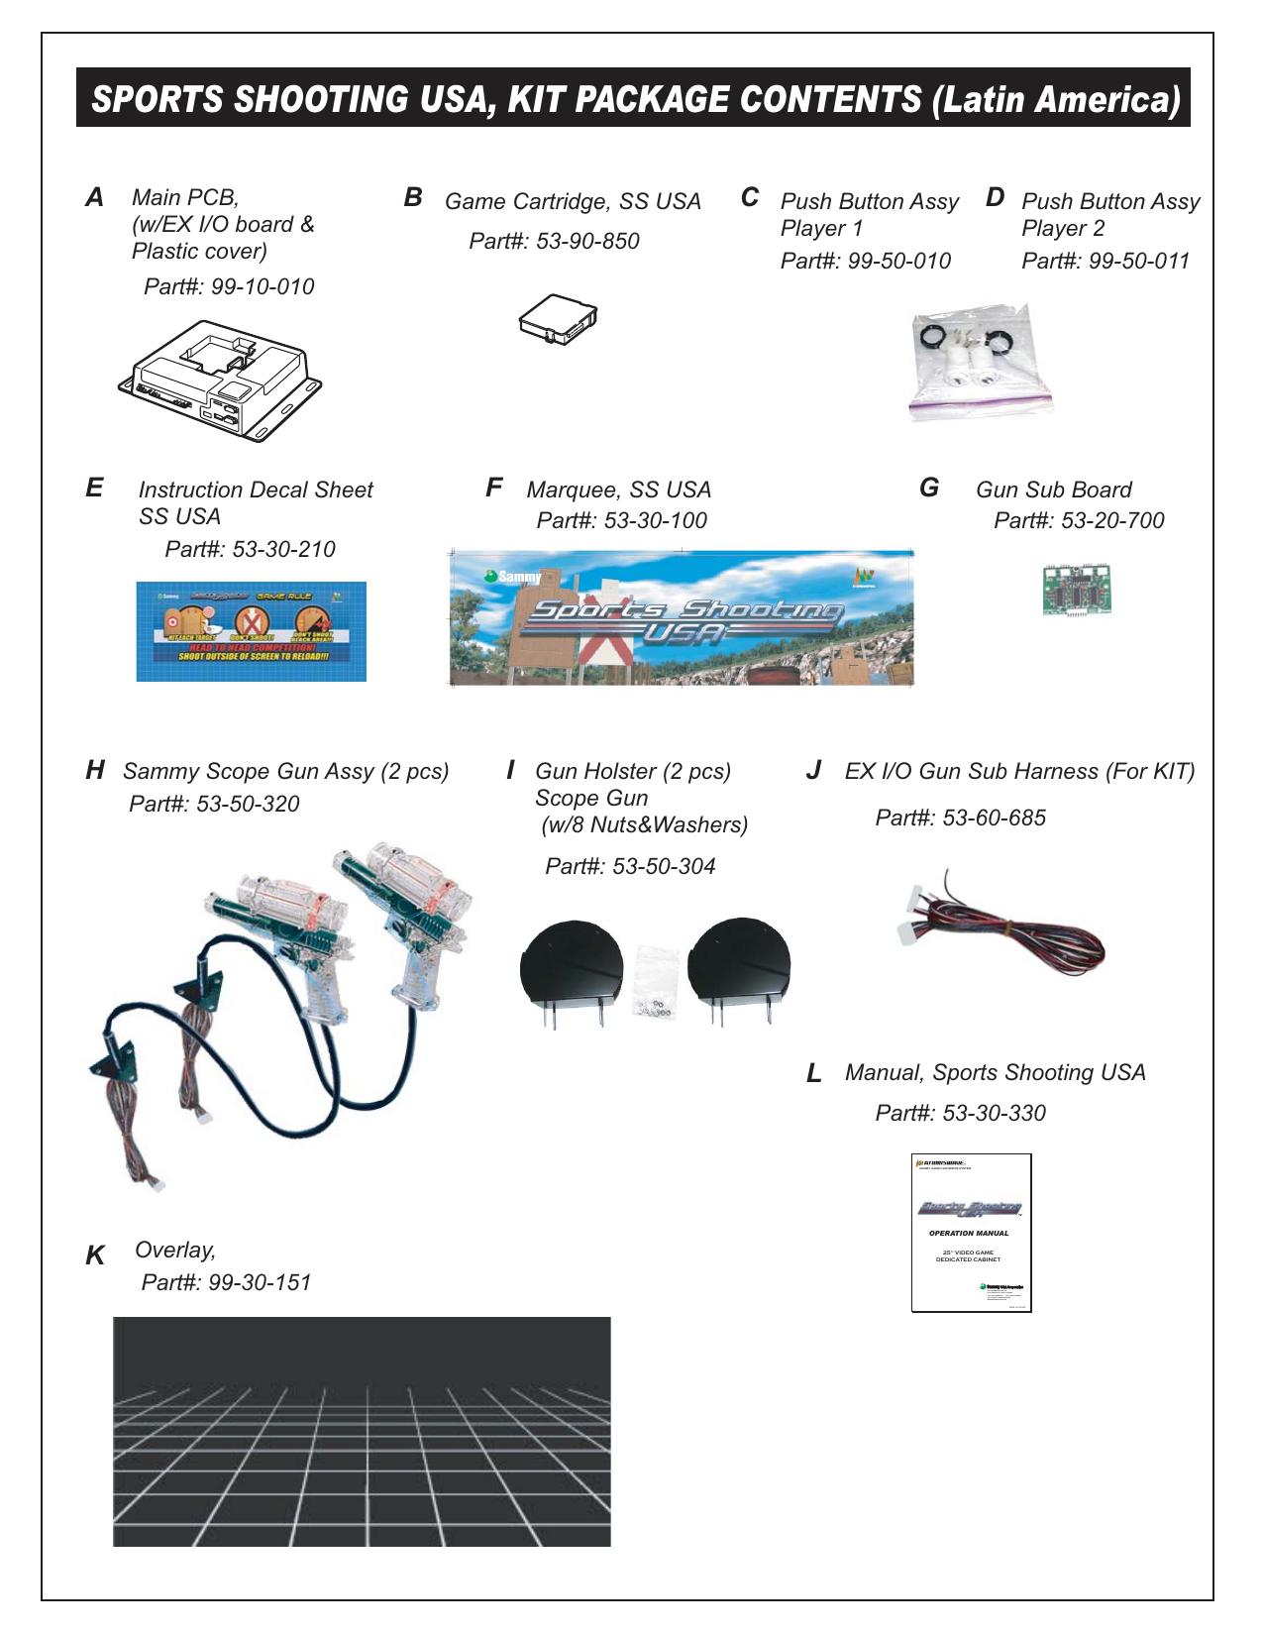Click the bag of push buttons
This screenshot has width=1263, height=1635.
(x=979, y=362)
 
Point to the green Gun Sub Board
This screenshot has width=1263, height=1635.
(x=1076, y=590)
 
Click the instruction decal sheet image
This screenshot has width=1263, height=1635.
(x=251, y=631)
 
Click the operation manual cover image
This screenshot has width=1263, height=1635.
(x=971, y=1233)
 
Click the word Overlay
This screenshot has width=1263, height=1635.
(x=174, y=1251)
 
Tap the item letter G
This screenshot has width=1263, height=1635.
(x=929, y=488)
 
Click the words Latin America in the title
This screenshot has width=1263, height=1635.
(x=1055, y=99)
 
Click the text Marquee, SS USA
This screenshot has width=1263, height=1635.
(x=618, y=490)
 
